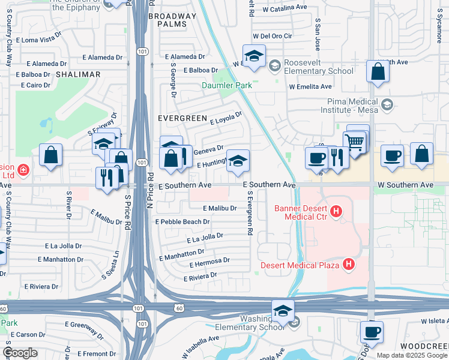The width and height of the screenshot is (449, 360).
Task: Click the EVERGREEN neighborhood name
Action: (x=182, y=119)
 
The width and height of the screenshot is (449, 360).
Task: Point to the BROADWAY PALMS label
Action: (x=172, y=20)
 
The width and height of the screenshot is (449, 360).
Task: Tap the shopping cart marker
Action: (x=354, y=142)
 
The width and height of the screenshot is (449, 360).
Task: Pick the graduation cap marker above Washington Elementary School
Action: (x=283, y=311)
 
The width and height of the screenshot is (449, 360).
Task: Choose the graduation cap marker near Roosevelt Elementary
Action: (x=254, y=56)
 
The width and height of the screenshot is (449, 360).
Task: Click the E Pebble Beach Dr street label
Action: (x=182, y=221)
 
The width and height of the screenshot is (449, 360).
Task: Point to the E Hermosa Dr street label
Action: (x=209, y=262)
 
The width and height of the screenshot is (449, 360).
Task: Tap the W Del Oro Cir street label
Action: (x=272, y=36)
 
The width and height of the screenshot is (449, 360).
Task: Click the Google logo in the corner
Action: (x=20, y=353)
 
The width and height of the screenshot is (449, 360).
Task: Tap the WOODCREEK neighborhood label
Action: (x=424, y=347)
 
